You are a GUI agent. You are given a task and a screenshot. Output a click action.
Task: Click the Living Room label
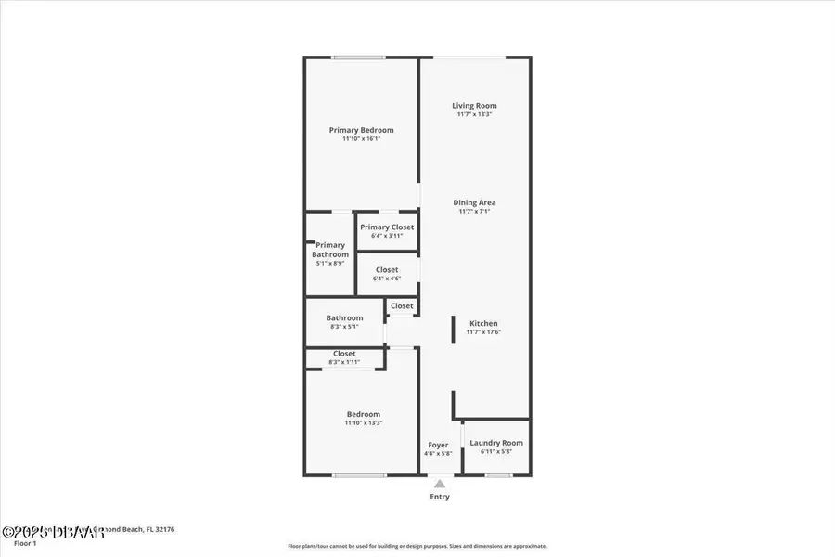pyautogui.click(x=474, y=106)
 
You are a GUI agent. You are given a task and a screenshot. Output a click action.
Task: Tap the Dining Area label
pyautogui.click(x=474, y=202)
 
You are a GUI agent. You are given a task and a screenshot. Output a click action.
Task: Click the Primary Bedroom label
pyautogui.click(x=361, y=130)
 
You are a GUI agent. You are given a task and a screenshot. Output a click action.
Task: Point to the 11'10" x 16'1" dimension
pyautogui.click(x=361, y=139)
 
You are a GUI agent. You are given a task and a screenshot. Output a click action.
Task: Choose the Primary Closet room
pyautogui.click(x=387, y=231)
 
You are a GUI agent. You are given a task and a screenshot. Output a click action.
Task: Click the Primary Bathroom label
pyautogui.click(x=329, y=250)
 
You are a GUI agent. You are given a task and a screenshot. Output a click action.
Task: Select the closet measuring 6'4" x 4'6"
pyautogui.click(x=387, y=274)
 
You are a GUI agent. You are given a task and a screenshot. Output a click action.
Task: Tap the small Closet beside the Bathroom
pyautogui.click(x=402, y=306)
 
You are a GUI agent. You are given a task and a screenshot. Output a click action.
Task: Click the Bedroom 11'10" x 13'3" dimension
pyautogui.click(x=363, y=423)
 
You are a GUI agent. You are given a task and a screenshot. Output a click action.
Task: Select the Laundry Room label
pyautogui.click(x=496, y=443)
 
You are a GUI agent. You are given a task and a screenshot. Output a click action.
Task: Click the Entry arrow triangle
pyautogui.click(x=440, y=483)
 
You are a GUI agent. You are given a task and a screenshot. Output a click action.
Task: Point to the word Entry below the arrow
pyautogui.click(x=440, y=497)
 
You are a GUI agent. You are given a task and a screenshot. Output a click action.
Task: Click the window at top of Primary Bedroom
pyautogui.click(x=360, y=58)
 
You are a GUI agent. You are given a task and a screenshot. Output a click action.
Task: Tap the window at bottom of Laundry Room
pyautogui.click(x=498, y=475)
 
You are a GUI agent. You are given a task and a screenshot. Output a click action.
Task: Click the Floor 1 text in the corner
pyautogui.click(x=25, y=543)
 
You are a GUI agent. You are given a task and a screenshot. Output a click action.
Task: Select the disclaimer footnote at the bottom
pyautogui.click(x=417, y=546)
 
